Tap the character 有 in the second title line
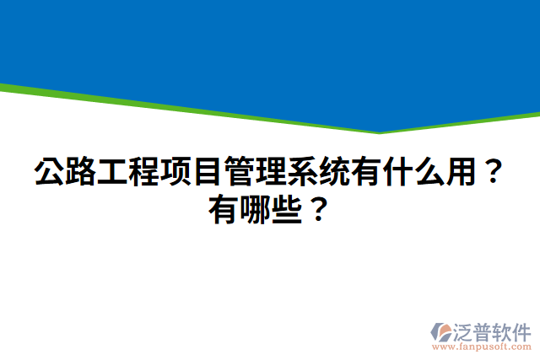[225, 207]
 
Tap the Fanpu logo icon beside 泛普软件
[441, 330]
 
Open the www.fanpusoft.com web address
[481, 347]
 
